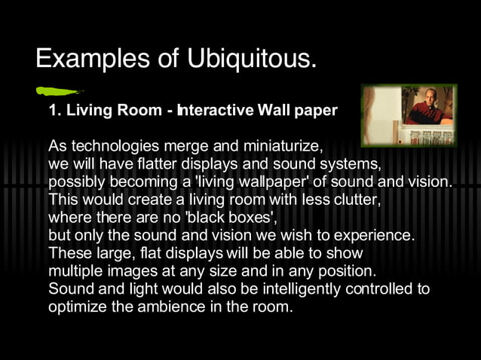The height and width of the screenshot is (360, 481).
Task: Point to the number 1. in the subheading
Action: point(54,111)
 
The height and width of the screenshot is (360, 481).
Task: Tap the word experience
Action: point(376,236)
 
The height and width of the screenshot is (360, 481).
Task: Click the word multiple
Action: point(73,271)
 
